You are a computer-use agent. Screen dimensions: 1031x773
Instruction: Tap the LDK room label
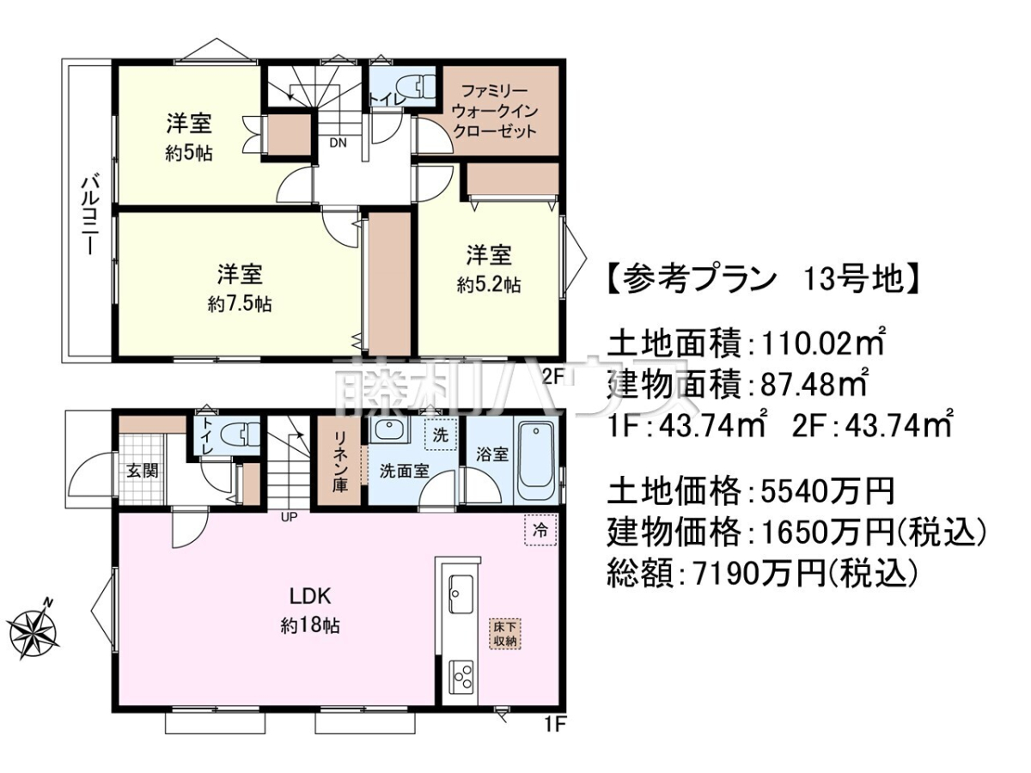pos(310,596)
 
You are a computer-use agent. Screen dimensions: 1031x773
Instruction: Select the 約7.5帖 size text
pos(240,305)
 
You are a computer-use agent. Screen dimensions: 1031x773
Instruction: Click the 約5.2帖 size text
pos(489,284)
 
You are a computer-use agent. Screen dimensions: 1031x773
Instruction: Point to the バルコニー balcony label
pos(88,216)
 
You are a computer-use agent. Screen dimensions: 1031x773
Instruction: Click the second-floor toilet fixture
pos(415,87)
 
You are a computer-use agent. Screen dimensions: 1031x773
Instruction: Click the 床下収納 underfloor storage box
pos(506,634)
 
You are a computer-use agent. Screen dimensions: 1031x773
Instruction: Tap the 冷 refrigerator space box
pos(540,531)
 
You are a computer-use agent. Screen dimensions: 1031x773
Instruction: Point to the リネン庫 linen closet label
pos(340,462)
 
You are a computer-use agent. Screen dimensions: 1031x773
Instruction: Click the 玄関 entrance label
pos(143,471)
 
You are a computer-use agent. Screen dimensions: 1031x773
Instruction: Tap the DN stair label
pos(338,143)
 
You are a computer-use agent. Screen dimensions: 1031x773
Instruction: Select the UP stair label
pos(289,517)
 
